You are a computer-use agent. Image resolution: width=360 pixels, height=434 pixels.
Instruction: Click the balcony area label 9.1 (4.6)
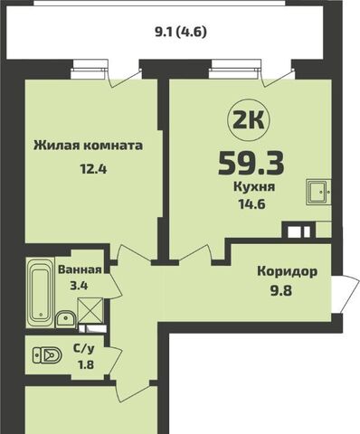(181, 32)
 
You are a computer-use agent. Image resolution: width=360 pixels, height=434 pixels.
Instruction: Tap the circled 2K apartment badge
(249, 121)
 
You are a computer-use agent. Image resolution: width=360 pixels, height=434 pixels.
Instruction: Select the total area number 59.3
(251, 163)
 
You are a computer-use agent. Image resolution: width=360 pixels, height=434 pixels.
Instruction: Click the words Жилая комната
(88, 146)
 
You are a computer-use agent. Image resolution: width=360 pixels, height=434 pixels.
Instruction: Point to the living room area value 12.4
(93, 169)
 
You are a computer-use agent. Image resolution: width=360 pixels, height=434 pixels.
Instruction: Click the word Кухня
(254, 187)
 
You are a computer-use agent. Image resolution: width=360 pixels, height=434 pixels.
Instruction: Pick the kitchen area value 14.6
(251, 204)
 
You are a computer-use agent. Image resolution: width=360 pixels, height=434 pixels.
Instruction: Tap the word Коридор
(288, 272)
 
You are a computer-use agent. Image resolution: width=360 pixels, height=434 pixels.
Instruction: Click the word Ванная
(80, 269)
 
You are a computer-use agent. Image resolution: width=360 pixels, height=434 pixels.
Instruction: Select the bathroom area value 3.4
(79, 285)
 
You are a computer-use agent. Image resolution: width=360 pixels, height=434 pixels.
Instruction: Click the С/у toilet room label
(84, 349)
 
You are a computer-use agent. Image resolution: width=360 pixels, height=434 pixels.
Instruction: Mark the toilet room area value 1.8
(86, 365)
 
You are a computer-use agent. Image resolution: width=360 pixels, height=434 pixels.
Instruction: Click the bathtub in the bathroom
(40, 293)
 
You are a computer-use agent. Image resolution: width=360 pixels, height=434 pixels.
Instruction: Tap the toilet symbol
(47, 355)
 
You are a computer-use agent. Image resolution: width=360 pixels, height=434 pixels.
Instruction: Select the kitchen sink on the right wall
(318, 192)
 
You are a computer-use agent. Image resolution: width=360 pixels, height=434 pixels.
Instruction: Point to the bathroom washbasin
(65, 319)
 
